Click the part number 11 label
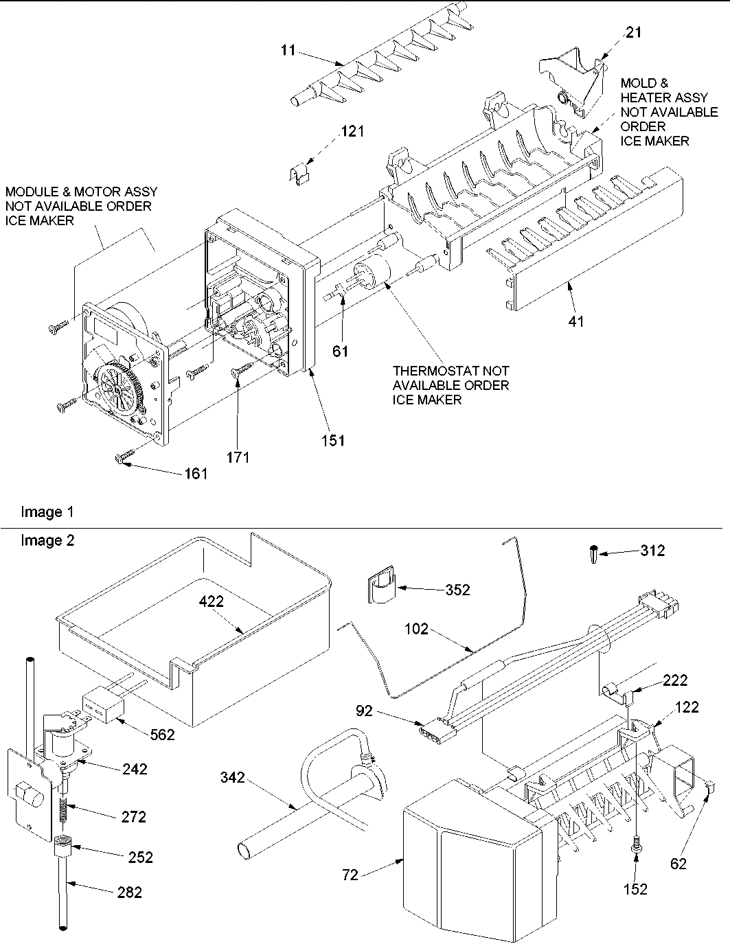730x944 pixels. click(x=289, y=49)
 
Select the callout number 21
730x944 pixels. click(x=634, y=32)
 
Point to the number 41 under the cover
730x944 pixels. click(x=576, y=320)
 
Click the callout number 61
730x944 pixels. click(x=341, y=352)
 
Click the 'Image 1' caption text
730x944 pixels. click(x=47, y=512)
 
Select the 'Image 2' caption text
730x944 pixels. click(x=47, y=541)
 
